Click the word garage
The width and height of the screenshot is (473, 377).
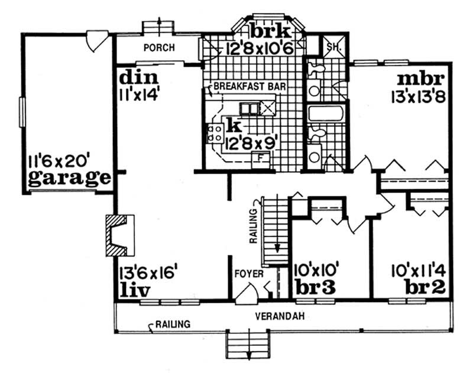point(69,178)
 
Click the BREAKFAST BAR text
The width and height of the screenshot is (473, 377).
point(250,87)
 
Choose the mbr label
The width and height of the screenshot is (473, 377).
point(420,78)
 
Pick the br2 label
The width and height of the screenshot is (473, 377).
point(425,289)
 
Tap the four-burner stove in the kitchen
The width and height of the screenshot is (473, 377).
point(214,133)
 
